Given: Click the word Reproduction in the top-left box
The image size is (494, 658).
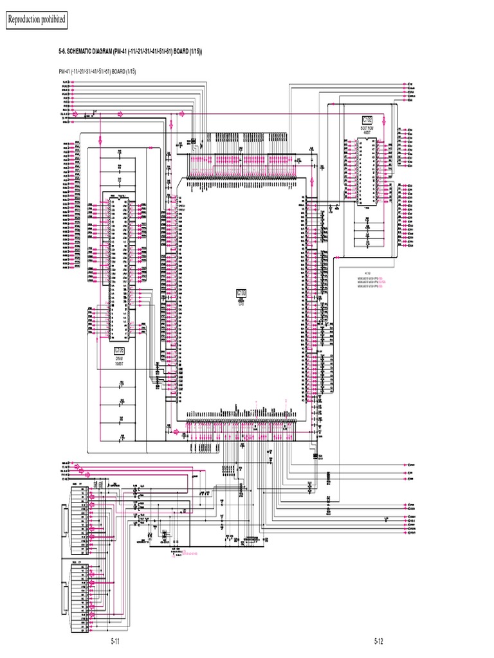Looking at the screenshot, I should pyautogui.click(x=24, y=20).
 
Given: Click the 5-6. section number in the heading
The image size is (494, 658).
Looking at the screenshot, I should pyautogui.click(x=64, y=51).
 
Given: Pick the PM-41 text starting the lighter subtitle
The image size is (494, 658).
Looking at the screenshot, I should pyautogui.click(x=66, y=72).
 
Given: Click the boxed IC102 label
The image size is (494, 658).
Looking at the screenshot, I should pyautogui.click(x=367, y=120).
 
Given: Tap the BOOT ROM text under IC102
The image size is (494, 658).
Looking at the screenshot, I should pyautogui.click(x=367, y=129).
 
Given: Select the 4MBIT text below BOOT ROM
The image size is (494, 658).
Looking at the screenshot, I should pyautogui.click(x=367, y=133).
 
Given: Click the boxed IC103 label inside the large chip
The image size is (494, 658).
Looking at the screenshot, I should pyautogui.click(x=242, y=293).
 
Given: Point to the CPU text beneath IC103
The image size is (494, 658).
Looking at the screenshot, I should pyautogui.click(x=242, y=301).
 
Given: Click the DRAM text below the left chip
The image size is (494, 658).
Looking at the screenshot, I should pyautogui.click(x=119, y=358).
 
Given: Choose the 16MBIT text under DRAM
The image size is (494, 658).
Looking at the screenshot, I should pyautogui.click(x=119, y=362).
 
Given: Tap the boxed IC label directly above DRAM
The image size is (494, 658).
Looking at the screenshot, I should pyautogui.click(x=119, y=350).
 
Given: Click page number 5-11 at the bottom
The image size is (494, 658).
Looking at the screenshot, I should pyautogui.click(x=116, y=641).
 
